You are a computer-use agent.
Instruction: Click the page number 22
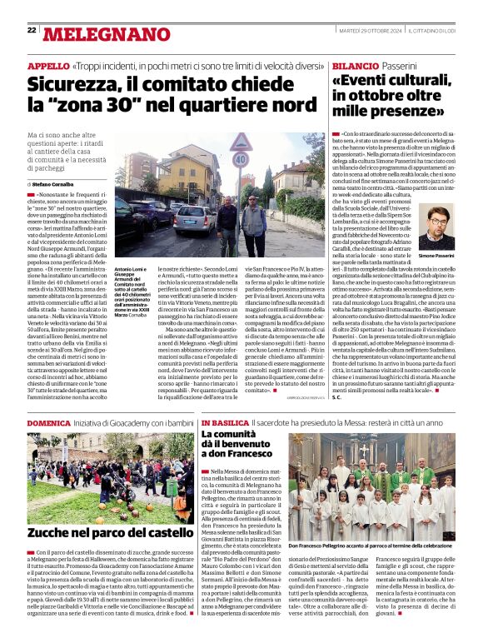pyautogui.click(x=32, y=31)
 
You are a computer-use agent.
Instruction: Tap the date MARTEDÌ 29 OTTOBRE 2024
pyautogui.click(x=369, y=31)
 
